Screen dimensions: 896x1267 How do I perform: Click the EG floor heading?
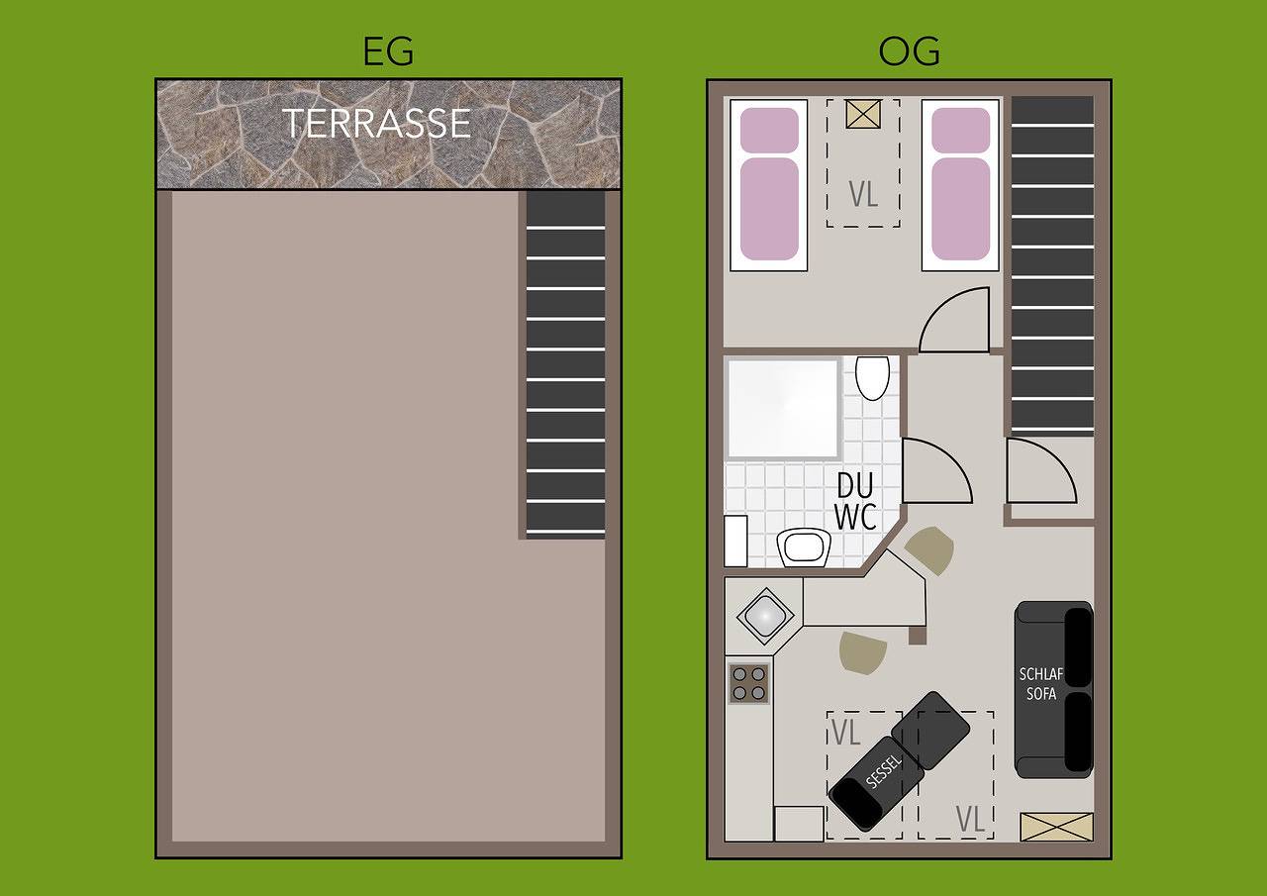click(x=388, y=51)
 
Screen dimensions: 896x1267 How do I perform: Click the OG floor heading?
click(x=909, y=51)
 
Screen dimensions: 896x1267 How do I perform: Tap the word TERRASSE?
click(x=376, y=123)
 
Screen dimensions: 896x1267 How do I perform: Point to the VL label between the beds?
click(x=863, y=194)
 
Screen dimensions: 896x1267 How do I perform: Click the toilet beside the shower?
click(x=872, y=377)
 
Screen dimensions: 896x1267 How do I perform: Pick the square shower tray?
click(x=783, y=408)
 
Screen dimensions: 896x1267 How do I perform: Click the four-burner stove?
click(x=748, y=682)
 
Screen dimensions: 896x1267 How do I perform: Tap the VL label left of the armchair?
click(x=845, y=734)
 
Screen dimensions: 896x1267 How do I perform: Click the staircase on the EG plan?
click(x=564, y=363)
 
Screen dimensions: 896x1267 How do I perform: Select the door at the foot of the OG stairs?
click(x=1039, y=472)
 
